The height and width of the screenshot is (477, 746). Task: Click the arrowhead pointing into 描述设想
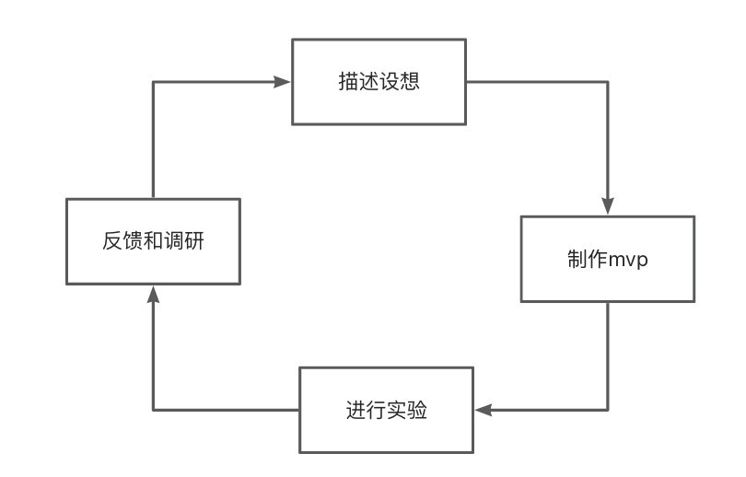pyautogui.click(x=282, y=82)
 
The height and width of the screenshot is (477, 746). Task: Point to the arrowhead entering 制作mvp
pyautogui.click(x=608, y=206)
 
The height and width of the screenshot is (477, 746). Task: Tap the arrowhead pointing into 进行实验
pyautogui.click(x=484, y=410)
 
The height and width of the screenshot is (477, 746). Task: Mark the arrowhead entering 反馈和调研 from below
pyautogui.click(x=153, y=295)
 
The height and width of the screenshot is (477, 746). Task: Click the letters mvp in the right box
pyautogui.click(x=628, y=260)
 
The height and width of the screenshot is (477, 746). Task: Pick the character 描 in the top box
pyautogui.click(x=348, y=81)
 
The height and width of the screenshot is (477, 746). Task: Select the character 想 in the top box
pyautogui.click(x=410, y=81)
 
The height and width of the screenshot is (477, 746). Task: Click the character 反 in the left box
pyautogui.click(x=112, y=240)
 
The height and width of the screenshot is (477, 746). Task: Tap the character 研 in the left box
pyautogui.click(x=194, y=240)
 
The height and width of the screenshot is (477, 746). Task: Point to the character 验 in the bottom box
pyautogui.click(x=417, y=410)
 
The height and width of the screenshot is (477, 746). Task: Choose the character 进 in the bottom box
pyautogui.click(x=356, y=410)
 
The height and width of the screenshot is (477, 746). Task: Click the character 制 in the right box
pyautogui.click(x=577, y=259)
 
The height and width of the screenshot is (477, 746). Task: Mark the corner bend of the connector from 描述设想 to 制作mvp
pyautogui.click(x=608, y=82)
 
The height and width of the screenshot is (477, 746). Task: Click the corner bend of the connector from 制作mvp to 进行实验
pyautogui.click(x=608, y=410)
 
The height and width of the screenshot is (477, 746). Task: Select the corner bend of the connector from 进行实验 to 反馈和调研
pyautogui.click(x=153, y=410)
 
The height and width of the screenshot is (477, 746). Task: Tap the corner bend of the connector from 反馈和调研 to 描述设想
pyautogui.click(x=153, y=82)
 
